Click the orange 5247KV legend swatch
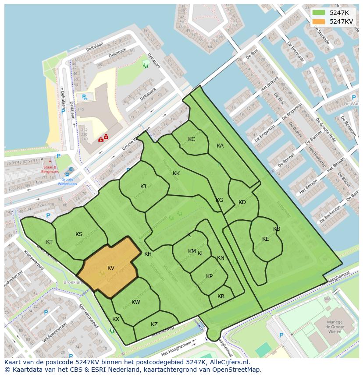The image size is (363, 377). [319, 21]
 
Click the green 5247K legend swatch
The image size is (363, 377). [319, 13]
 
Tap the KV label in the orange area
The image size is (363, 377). [111, 268]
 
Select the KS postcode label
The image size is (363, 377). [79, 234]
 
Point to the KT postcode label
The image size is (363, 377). [50, 242]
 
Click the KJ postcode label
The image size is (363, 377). [143, 187]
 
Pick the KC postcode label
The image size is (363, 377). [192, 139]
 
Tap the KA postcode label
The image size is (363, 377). [220, 146]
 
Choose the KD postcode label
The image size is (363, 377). [242, 202]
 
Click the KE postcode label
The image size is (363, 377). [266, 239]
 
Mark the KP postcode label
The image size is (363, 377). [210, 276]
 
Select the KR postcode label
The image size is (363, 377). [221, 296]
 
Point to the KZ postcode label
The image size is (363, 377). [154, 324]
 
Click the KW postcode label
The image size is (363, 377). [136, 302]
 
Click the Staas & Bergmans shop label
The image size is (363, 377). [50, 169]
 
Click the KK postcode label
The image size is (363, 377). [176, 173]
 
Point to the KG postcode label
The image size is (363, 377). [220, 200]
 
